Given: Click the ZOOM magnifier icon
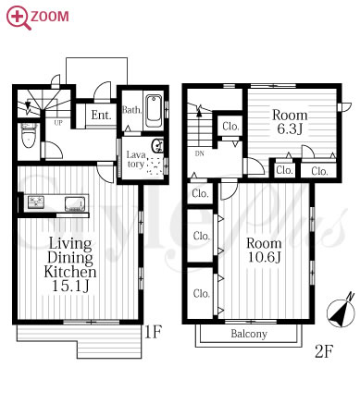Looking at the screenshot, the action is [18, 18].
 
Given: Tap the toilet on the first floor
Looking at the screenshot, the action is [29, 136].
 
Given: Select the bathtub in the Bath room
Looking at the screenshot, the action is [154, 111].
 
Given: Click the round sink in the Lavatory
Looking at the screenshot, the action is [157, 145].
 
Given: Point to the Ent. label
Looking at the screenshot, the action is [101, 116].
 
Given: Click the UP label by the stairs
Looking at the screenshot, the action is [58, 123].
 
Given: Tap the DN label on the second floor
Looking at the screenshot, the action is [199, 153].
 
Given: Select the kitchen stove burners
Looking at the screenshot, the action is [36, 202].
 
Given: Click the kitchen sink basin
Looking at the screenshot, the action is [75, 203].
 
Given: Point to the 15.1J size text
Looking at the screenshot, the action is [70, 286].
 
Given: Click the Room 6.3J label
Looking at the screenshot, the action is [290, 122].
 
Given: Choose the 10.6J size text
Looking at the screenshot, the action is [265, 256].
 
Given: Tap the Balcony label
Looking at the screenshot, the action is [249, 334].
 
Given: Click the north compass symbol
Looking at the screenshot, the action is [341, 312].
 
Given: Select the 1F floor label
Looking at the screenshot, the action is [153, 332].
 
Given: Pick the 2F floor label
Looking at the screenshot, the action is [324, 351].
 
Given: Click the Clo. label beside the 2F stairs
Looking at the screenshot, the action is [230, 127].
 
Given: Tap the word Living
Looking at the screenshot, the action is [70, 244].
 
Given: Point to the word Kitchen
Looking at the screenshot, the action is [70, 272].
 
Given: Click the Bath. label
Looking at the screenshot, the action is [132, 110].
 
